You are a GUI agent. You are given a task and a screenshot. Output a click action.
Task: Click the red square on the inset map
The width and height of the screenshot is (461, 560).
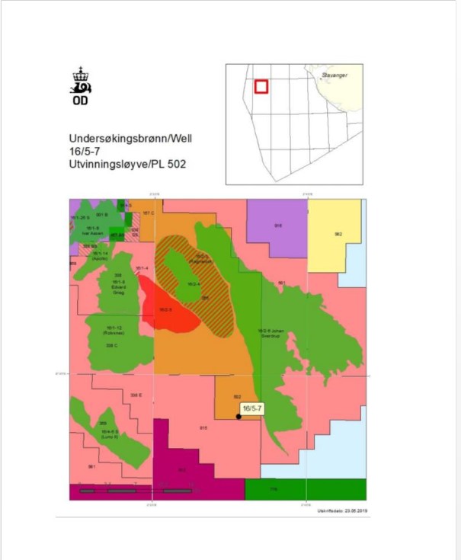click(261, 86)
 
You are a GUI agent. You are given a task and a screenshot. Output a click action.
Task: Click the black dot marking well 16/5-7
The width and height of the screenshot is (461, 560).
click(239, 416)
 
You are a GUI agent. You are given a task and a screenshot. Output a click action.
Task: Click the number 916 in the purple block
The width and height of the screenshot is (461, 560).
click(278, 226)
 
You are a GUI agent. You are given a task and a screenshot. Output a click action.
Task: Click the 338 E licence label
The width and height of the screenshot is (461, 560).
click(136, 395)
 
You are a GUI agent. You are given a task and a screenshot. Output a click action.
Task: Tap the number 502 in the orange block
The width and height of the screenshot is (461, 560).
click(237, 397)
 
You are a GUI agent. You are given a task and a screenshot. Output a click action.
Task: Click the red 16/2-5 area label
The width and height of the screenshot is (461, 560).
click(165, 309)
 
